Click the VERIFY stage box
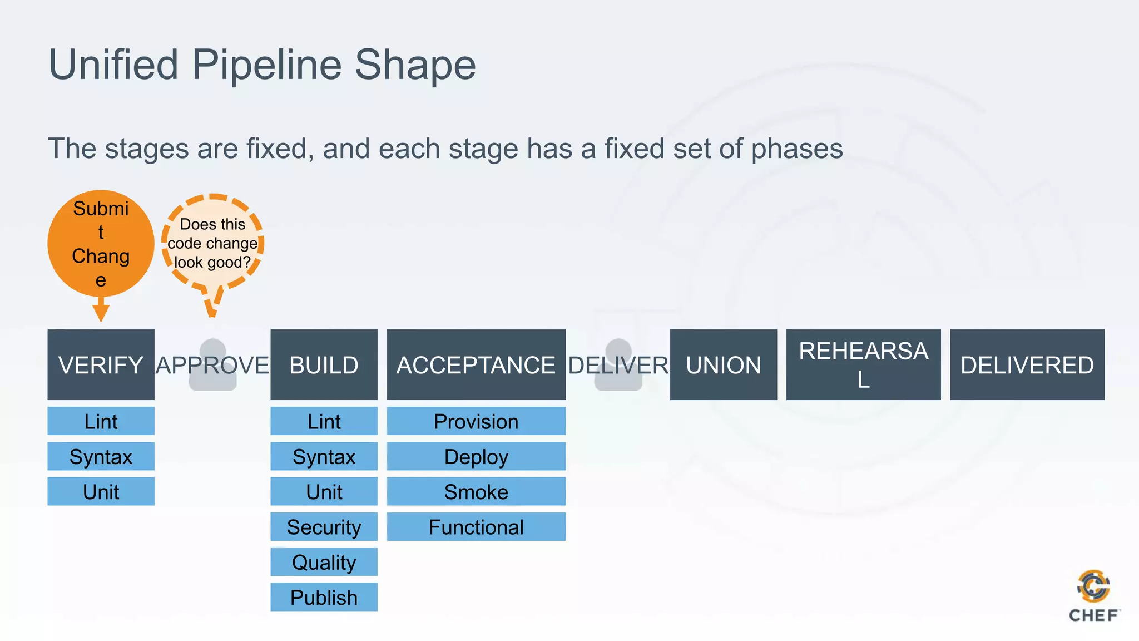point(101,364)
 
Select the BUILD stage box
point(324,364)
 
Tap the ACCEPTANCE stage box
point(476,364)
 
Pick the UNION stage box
point(723,364)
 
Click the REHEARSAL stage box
point(863,364)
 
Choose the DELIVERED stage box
point(1027,364)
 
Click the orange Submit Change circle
point(101,243)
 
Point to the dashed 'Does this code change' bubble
point(212,243)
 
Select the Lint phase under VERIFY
point(101,421)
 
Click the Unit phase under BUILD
point(324,491)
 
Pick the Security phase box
point(324,526)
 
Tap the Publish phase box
point(324,597)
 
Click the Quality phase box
point(324,562)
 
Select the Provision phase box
point(476,421)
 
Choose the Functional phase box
point(476,526)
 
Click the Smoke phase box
point(476,491)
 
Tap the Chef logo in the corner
point(1093,595)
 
